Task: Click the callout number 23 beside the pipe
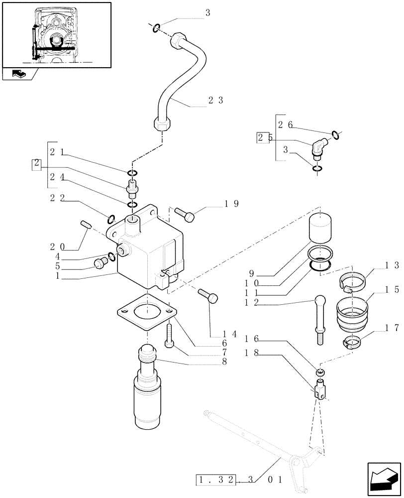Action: pyautogui.click(x=215, y=100)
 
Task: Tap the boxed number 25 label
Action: pyautogui.click(x=263, y=138)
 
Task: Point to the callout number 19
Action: pyautogui.click(x=231, y=203)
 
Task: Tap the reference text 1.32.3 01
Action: pyautogui.click(x=239, y=480)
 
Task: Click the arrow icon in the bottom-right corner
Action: pyautogui.click(x=383, y=479)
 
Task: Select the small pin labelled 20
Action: pyautogui.click(x=85, y=225)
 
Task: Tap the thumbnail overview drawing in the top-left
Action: pyautogui.click(x=56, y=34)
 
